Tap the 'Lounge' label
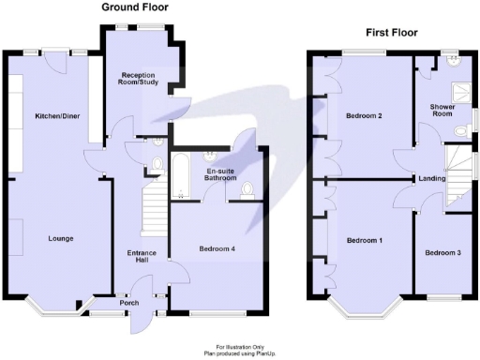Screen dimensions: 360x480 pos(60,238)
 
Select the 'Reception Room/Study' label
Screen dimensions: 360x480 pos(139,85)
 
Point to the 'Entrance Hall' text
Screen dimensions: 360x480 pos(141,257)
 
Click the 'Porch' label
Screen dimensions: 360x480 pos(129,302)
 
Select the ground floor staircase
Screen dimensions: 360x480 pos(153,210)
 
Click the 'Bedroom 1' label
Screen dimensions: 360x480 pos(365,241)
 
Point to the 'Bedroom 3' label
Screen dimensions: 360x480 pos(442,253)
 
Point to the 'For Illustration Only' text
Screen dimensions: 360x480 pos(240,346)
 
